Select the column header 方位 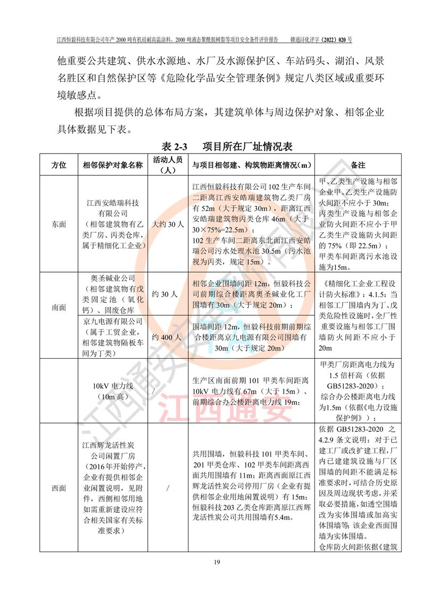coord(58,165)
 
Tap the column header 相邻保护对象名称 coord(113,165)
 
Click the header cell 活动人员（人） coord(168,165)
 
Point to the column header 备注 coord(358,165)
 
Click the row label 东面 coord(58,224)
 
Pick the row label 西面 coord(58,488)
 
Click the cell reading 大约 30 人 coord(168,224)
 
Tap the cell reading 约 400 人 coord(168,337)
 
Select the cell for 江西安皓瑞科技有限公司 coord(113,224)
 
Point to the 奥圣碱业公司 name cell coord(113,294)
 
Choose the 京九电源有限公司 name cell coord(113,337)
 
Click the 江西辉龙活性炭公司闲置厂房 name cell coord(113,488)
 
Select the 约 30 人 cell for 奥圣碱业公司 coord(168,294)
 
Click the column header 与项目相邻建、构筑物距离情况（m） coord(252,165)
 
